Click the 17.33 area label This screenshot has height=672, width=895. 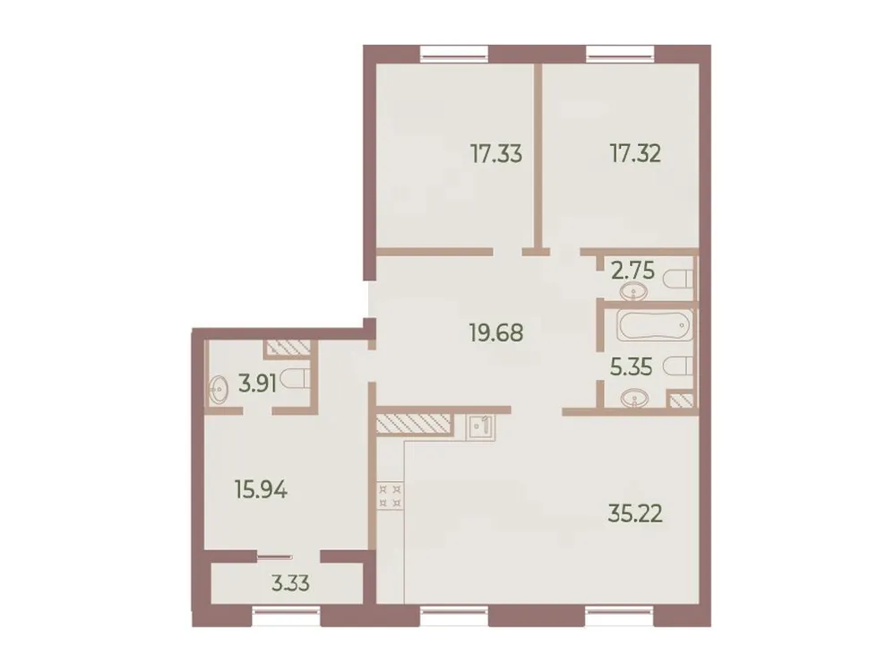coord(496,153)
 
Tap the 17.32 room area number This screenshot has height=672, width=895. coord(635,153)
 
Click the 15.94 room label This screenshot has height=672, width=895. coord(260,490)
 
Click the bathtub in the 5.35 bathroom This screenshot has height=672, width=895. coord(653,326)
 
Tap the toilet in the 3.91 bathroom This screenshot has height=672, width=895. coord(296,381)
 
